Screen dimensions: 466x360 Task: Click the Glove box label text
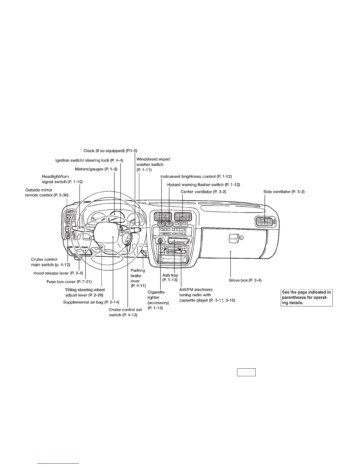point(245,280)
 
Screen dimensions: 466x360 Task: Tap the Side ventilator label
point(284,192)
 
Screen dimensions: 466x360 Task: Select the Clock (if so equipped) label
point(110,151)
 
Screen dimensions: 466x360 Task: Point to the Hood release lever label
point(58,273)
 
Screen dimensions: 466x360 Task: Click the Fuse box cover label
point(69,282)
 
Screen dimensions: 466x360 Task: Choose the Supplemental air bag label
point(91,302)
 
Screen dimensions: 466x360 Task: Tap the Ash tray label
point(170,278)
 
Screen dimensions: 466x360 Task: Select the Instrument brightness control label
point(196,177)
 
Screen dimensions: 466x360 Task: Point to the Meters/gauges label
point(96,169)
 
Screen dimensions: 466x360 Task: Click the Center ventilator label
point(203,192)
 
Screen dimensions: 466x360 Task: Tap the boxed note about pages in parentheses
point(306,297)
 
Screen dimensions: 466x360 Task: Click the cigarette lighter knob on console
point(160,241)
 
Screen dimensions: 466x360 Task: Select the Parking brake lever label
point(138,278)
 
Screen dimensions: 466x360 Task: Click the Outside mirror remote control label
point(47,193)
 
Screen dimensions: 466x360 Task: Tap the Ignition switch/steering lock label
point(89,160)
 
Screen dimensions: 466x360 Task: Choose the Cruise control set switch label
point(125,312)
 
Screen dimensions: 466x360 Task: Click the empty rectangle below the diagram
point(246,372)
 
